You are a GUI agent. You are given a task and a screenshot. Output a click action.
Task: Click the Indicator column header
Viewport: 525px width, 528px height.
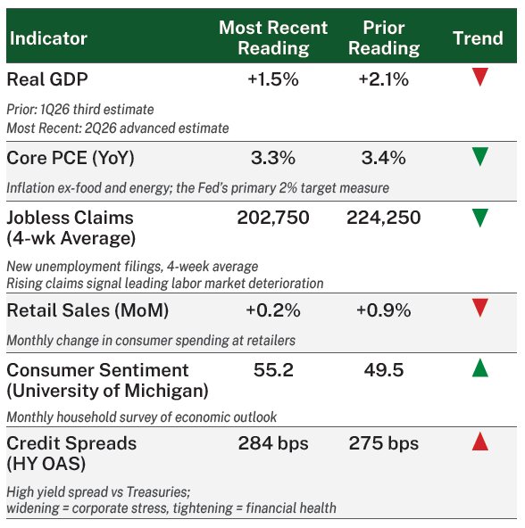pyautogui.click(x=48, y=38)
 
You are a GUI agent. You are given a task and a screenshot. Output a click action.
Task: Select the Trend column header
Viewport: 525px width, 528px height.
pyautogui.click(x=478, y=38)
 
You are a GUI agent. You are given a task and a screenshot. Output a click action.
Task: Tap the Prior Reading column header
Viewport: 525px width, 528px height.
pyautogui.click(x=384, y=37)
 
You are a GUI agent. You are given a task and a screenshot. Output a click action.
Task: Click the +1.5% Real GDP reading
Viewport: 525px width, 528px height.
pyautogui.click(x=273, y=79)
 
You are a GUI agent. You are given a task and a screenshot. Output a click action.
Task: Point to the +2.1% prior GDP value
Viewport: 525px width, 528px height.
pyautogui.click(x=384, y=79)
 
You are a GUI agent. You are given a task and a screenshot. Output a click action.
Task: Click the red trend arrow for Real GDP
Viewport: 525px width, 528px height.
pyautogui.click(x=480, y=77)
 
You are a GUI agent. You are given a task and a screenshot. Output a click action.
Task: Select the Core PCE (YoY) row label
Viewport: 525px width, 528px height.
pyautogui.click(x=71, y=158)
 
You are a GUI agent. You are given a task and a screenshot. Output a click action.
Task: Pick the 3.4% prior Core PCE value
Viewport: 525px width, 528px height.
pyautogui.click(x=384, y=158)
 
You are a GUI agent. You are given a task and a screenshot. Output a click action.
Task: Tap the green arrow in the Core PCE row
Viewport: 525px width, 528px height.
pyautogui.click(x=480, y=157)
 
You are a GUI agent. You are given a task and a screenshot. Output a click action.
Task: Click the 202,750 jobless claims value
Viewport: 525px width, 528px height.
pyautogui.click(x=273, y=218)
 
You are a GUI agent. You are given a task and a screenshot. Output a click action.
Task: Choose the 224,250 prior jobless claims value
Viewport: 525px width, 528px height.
pyautogui.click(x=384, y=218)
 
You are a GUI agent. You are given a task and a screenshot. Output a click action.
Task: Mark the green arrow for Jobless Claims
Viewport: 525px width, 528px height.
pyautogui.click(x=480, y=218)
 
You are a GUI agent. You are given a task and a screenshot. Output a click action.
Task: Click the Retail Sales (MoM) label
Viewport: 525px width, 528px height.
pyautogui.click(x=87, y=310)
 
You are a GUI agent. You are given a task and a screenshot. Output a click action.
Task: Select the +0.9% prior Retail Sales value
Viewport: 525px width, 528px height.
pyautogui.click(x=384, y=310)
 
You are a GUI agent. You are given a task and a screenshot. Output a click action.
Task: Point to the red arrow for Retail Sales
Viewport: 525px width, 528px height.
pyautogui.click(x=480, y=308)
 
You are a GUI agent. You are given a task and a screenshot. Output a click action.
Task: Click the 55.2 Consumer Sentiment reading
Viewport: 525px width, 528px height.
pyautogui.click(x=273, y=370)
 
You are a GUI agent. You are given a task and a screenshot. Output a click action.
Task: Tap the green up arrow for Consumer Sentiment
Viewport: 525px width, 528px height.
pyautogui.click(x=480, y=367)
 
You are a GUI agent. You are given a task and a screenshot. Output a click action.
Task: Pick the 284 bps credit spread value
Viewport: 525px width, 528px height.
pyautogui.click(x=273, y=443)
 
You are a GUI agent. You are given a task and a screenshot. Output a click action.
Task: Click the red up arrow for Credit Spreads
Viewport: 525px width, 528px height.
pyautogui.click(x=480, y=441)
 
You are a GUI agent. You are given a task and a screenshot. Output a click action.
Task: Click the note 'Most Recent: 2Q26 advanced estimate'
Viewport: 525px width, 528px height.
pyautogui.click(x=118, y=128)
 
